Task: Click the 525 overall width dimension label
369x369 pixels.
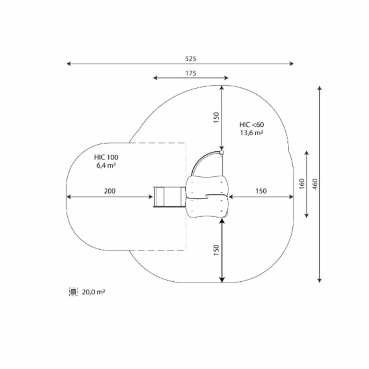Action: (x=190, y=59)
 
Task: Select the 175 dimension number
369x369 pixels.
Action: (x=191, y=73)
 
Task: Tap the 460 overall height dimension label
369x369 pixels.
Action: (x=315, y=184)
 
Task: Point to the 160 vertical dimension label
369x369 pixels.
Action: (x=302, y=184)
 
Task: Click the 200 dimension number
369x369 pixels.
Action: (x=109, y=191)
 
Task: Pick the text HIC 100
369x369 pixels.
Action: (x=106, y=157)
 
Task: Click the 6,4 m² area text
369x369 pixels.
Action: (x=106, y=165)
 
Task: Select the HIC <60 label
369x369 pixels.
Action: (x=252, y=125)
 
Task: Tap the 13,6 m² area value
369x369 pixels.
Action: (x=252, y=133)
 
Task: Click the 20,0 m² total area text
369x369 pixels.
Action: (x=93, y=292)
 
